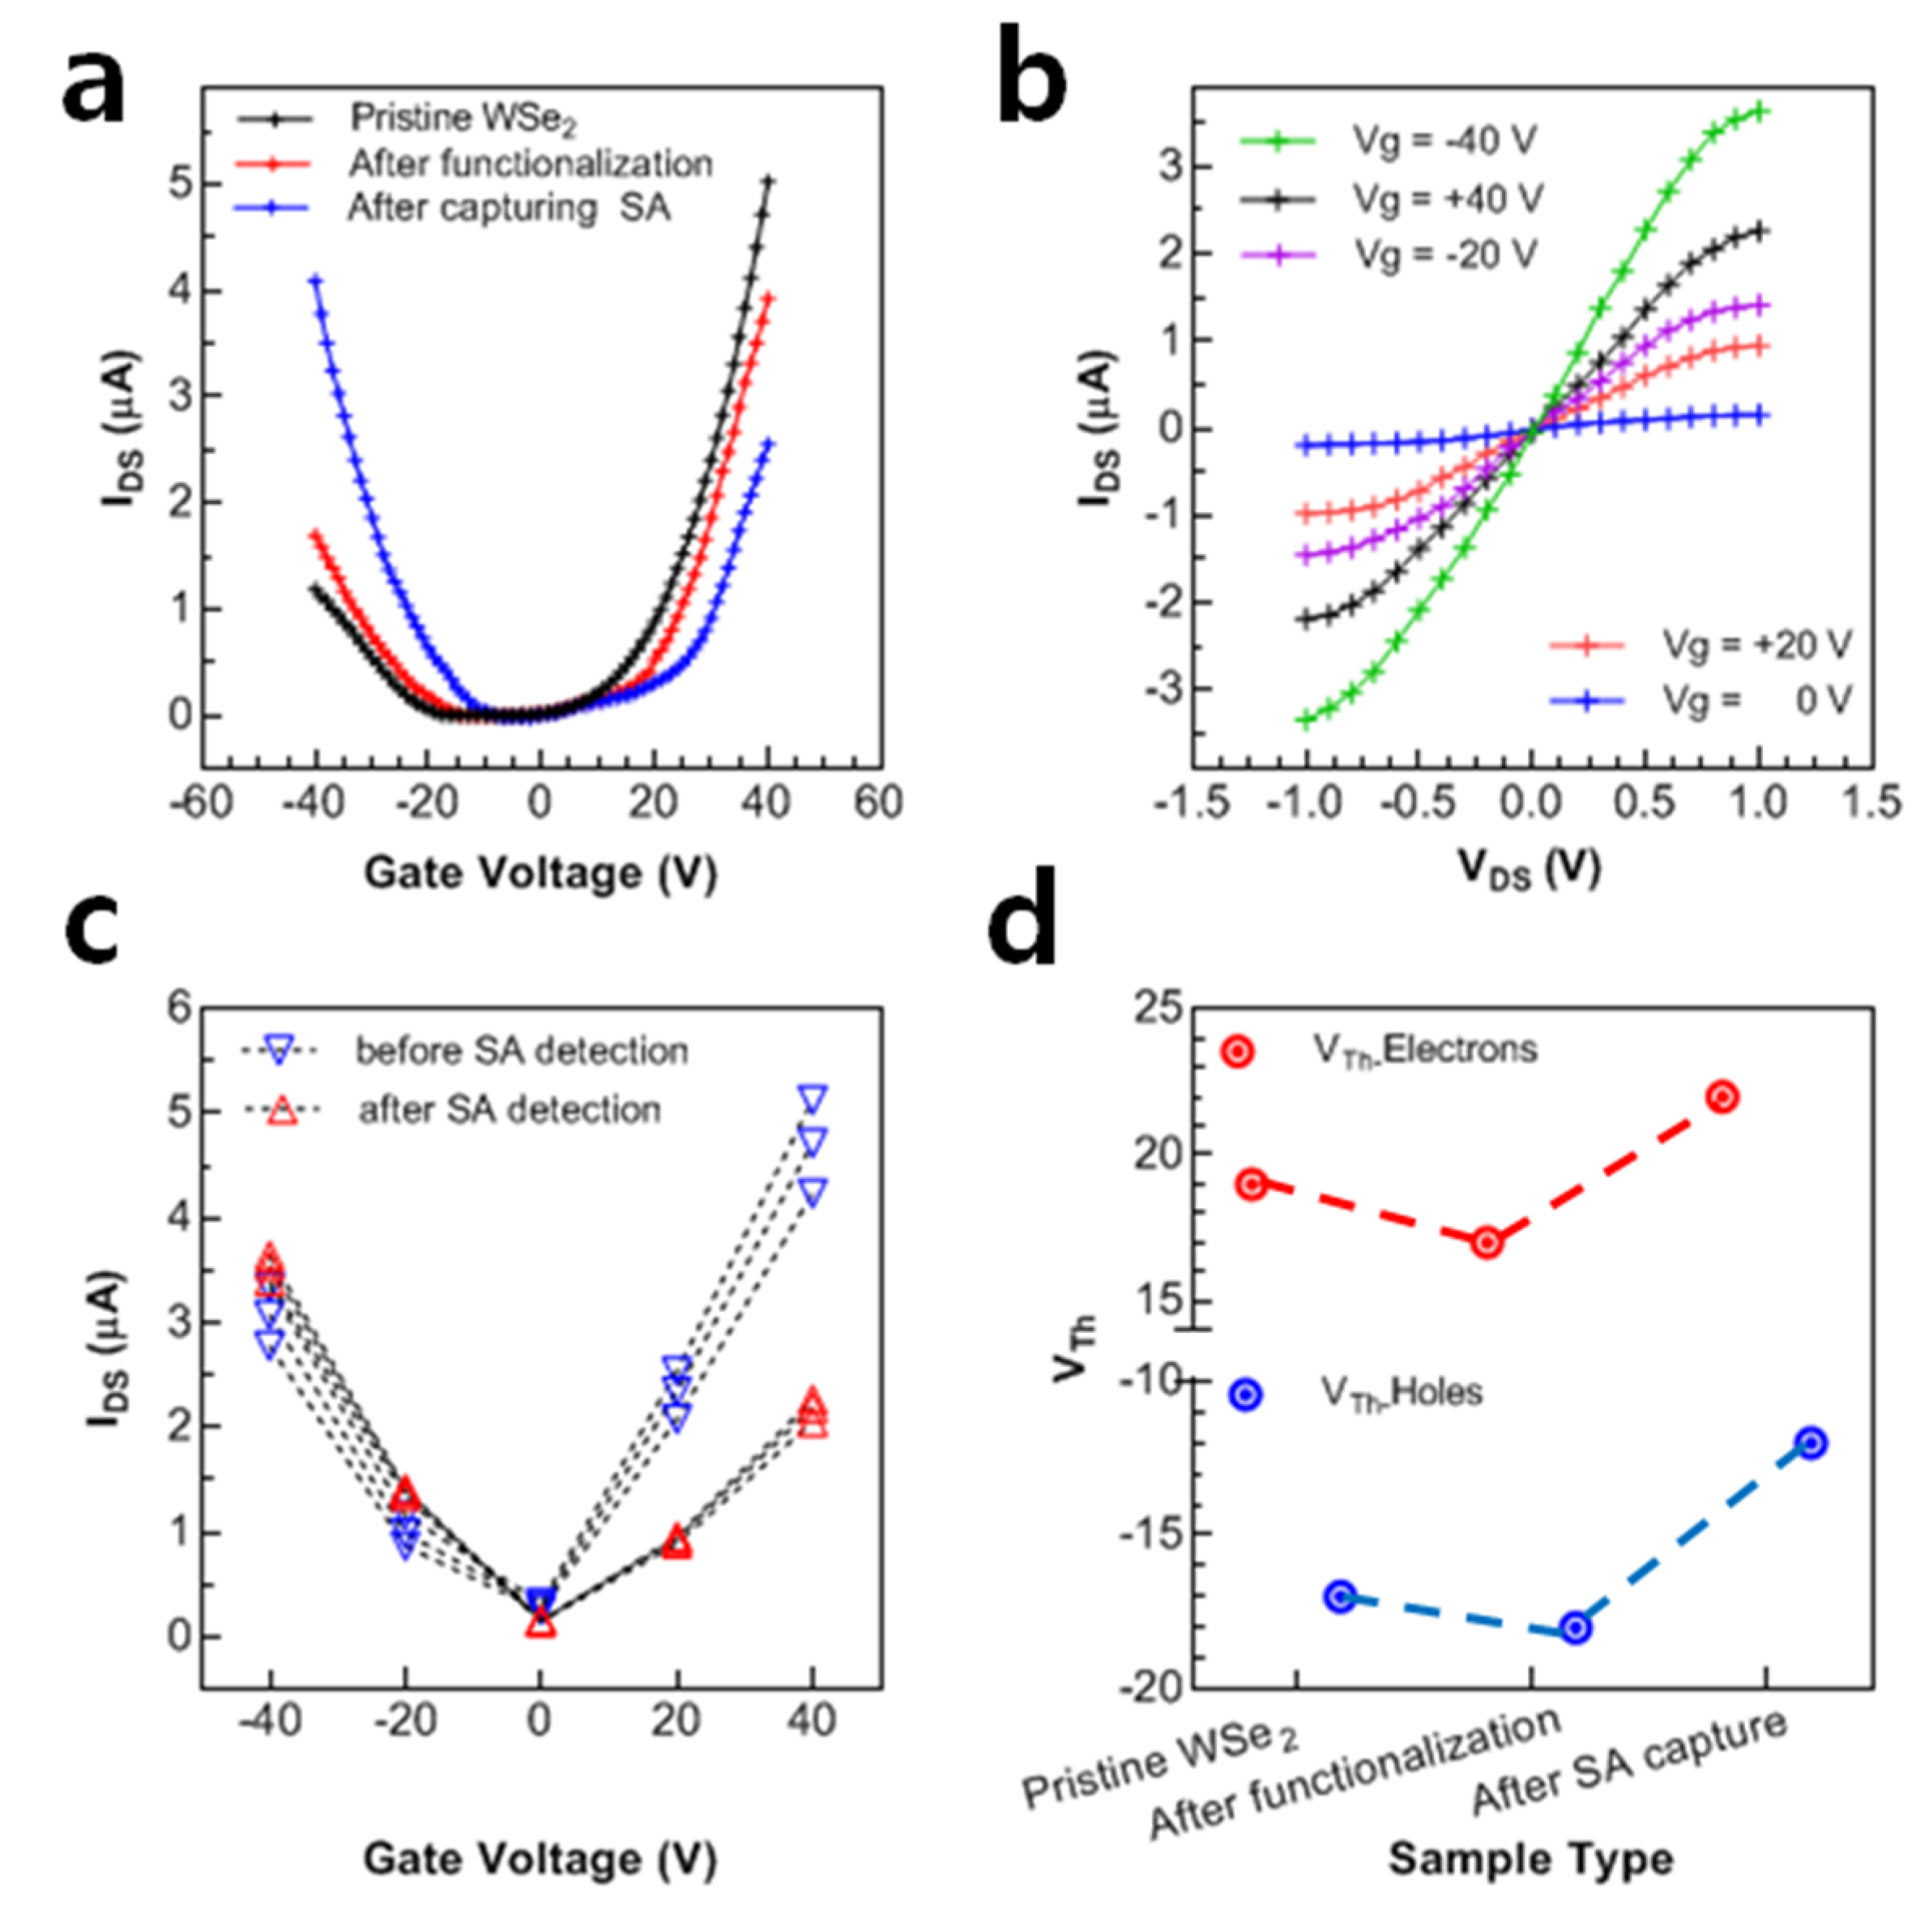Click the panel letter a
click(95, 84)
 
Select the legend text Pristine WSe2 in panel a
click(462, 118)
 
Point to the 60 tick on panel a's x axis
click(878, 803)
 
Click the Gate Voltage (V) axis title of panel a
click(540, 873)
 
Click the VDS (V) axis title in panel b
click(1530, 870)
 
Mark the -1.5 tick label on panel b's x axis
click(1192, 803)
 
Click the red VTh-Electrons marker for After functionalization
click(1487, 1242)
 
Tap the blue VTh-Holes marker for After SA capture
click(1811, 1443)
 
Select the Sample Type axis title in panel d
click(1530, 1857)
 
